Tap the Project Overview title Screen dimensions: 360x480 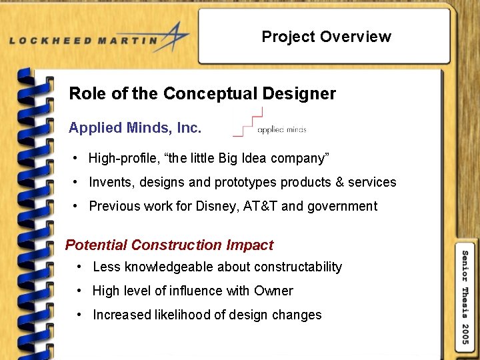[x=326, y=37]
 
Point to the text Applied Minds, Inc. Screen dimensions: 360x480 [x=135, y=127]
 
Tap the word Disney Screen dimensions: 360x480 [x=216, y=206]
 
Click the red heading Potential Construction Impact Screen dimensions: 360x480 [x=169, y=245]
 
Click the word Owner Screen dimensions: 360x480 [x=273, y=291]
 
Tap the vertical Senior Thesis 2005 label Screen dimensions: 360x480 [x=465, y=297]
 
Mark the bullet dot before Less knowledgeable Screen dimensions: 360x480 [x=79, y=267]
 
